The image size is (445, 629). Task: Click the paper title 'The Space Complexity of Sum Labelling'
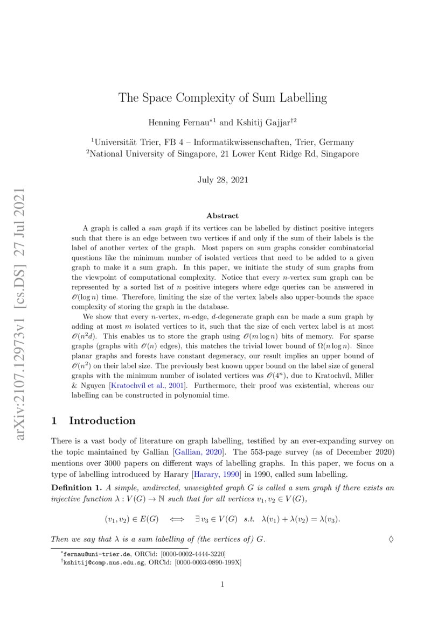coord(222,98)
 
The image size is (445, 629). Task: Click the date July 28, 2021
coord(222,180)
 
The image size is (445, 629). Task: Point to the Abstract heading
coord(222,215)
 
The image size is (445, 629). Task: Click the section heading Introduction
coord(102,420)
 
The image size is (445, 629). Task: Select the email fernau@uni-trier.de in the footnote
coord(86,554)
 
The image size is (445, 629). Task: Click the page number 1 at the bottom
coord(222,585)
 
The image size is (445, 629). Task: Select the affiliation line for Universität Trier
coord(222,142)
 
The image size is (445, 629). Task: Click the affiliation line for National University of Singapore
coord(222,153)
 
